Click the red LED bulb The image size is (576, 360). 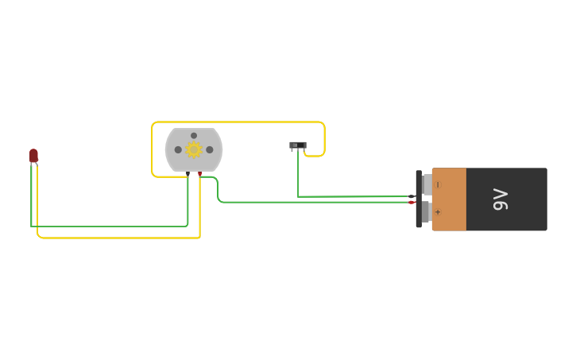[33, 155]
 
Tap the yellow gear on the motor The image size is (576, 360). [193, 149]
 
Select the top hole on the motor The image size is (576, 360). [193, 136]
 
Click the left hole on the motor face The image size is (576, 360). [178, 149]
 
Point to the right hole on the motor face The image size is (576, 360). [210, 149]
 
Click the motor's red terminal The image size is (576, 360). [200, 173]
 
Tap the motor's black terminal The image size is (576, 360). [188, 173]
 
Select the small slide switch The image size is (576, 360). [298, 145]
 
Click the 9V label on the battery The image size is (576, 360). [500, 199]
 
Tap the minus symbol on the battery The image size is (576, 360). [438, 184]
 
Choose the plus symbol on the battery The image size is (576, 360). [438, 212]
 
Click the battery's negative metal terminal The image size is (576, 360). [427, 184]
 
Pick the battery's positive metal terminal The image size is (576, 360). [427, 212]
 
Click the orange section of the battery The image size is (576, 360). [449, 199]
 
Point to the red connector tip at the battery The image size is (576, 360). [411, 203]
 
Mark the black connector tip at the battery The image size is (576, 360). [411, 196]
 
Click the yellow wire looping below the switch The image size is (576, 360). [315, 156]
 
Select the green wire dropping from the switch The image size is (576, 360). [298, 175]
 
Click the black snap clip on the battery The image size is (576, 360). [419, 199]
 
